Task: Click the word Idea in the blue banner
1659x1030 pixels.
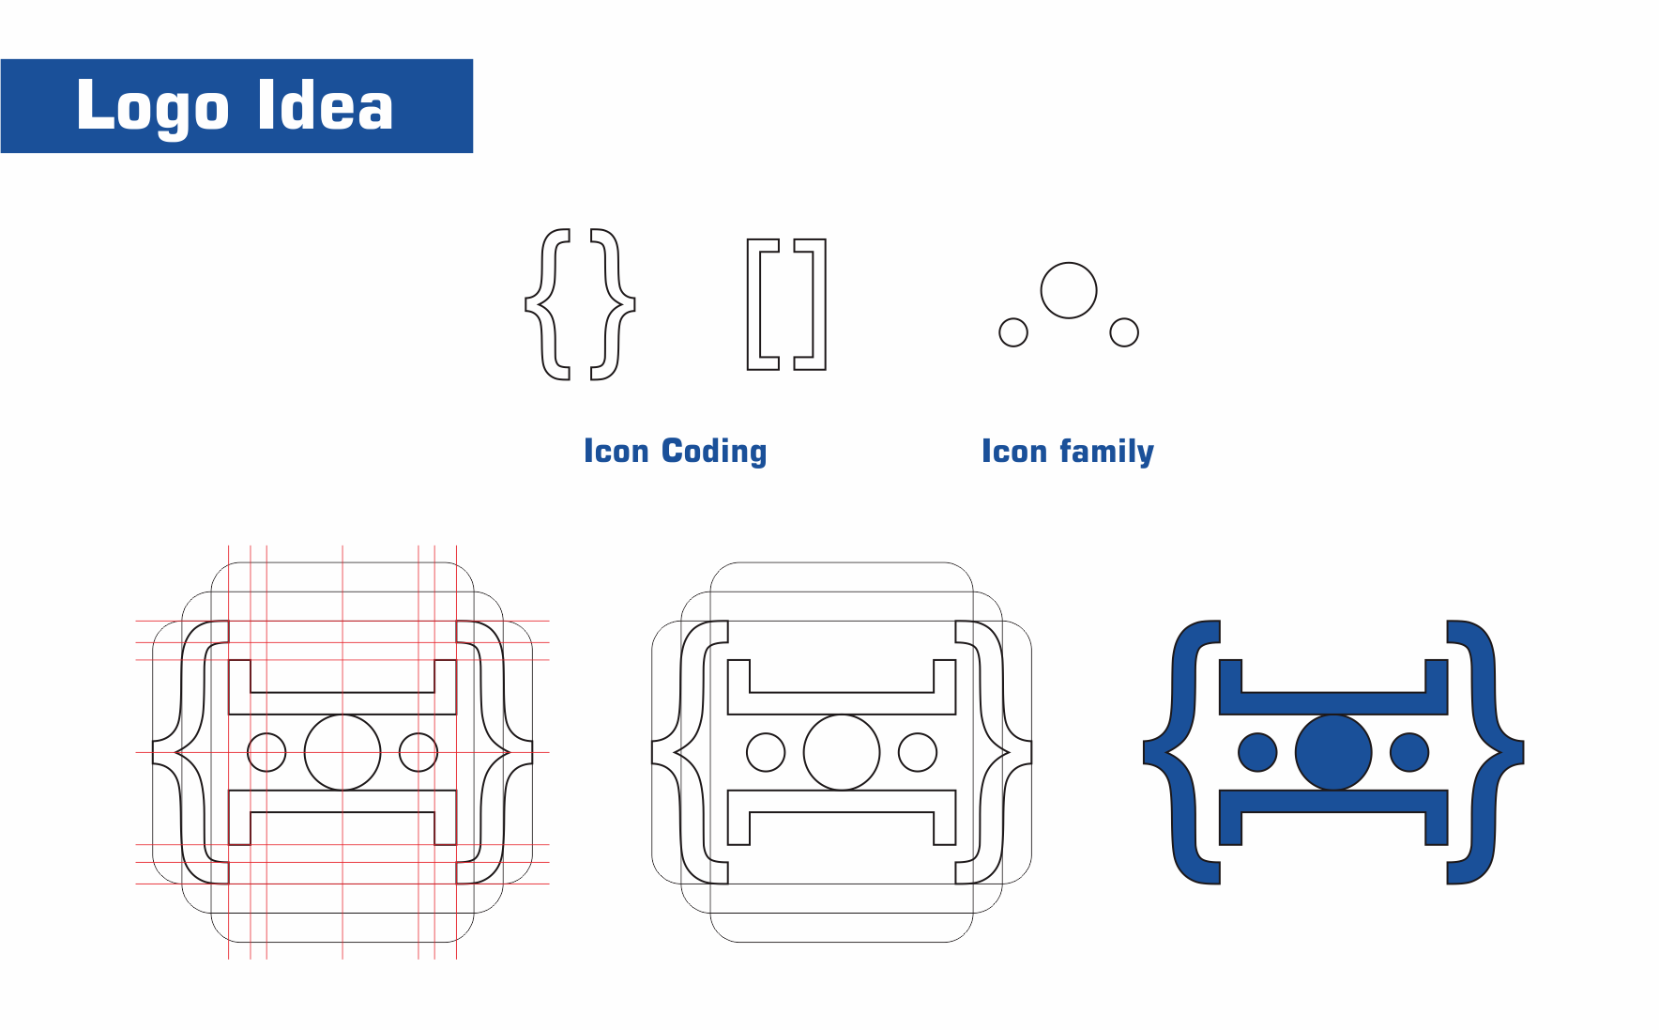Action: click(325, 104)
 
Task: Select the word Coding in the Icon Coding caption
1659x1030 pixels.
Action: click(714, 452)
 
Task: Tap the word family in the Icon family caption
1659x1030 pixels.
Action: click(1107, 452)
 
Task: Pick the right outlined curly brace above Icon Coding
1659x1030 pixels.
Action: click(630, 304)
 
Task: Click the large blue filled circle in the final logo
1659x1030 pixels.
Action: click(1333, 752)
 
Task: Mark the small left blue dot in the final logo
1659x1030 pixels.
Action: click(1257, 752)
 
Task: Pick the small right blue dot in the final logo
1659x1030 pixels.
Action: click(1409, 752)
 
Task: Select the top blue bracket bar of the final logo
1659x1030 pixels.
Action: click(1333, 703)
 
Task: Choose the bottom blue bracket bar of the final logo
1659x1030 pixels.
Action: click(1333, 801)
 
